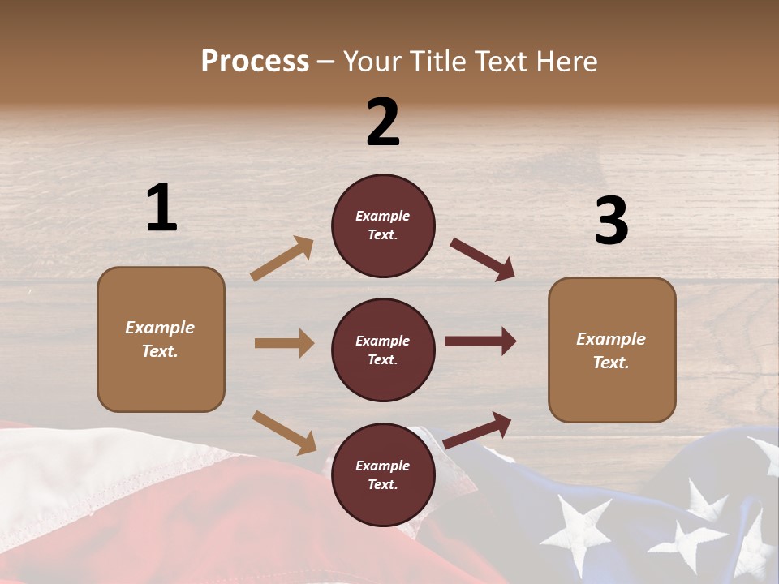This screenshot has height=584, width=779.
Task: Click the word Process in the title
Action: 255,61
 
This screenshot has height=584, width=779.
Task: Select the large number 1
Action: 161,208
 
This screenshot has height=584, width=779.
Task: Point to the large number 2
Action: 383,122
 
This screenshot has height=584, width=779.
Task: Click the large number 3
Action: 611,221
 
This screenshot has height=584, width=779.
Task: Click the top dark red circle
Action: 383,225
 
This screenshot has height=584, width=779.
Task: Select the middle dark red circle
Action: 383,350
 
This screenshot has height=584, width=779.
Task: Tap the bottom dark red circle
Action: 383,474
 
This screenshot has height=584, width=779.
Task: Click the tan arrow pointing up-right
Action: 282,259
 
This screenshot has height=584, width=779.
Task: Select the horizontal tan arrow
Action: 284,343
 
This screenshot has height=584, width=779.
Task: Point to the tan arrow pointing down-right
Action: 284,432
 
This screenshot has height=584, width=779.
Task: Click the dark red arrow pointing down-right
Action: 483,260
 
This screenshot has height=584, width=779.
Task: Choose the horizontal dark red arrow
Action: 480,341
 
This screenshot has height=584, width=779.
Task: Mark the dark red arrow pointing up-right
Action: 478,429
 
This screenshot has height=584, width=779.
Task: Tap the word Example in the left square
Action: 160,328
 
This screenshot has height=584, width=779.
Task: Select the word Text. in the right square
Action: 611,363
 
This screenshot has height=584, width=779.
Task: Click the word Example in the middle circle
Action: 383,341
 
